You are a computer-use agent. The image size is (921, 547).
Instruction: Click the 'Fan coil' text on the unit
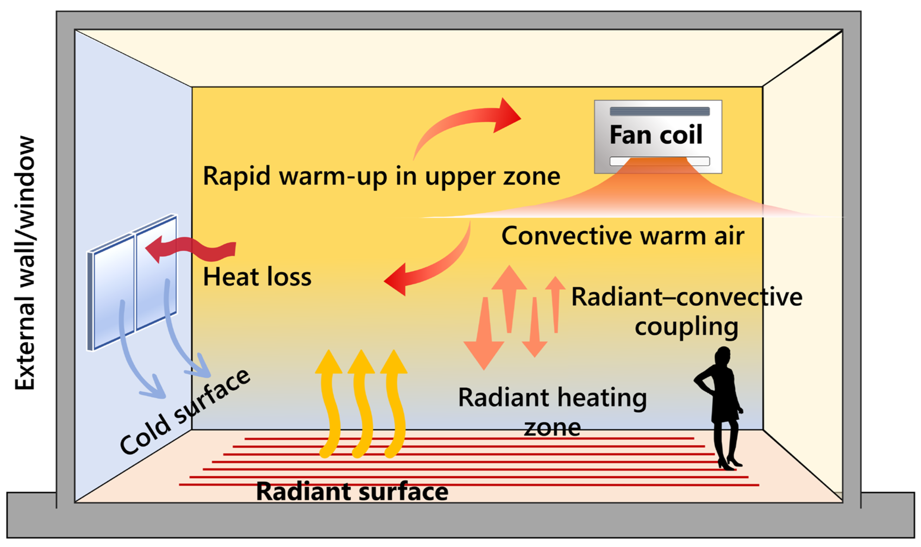click(656, 135)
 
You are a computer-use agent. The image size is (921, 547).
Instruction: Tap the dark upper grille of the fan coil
click(659, 111)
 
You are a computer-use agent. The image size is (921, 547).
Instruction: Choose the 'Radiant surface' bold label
click(352, 491)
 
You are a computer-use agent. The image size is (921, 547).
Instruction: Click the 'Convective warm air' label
click(623, 236)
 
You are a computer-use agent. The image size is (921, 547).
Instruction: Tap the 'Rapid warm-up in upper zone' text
click(381, 176)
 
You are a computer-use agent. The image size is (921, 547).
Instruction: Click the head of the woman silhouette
click(723, 356)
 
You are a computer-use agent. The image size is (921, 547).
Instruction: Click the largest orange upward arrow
click(509, 295)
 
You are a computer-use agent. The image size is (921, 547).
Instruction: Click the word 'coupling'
click(686, 327)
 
